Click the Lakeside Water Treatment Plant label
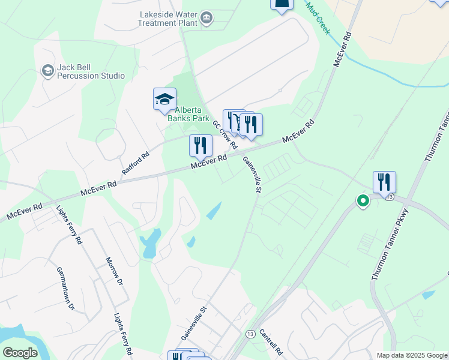[168, 19]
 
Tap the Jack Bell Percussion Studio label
[91, 71]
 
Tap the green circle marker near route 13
[363, 200]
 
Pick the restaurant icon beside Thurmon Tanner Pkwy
[384, 182]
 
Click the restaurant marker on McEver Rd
[200, 145]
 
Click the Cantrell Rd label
[271, 340]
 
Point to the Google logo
[19, 353]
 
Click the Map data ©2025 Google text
[411, 355]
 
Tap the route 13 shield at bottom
[250, 334]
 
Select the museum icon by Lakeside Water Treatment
[207, 19]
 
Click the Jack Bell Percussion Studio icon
[47, 71]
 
